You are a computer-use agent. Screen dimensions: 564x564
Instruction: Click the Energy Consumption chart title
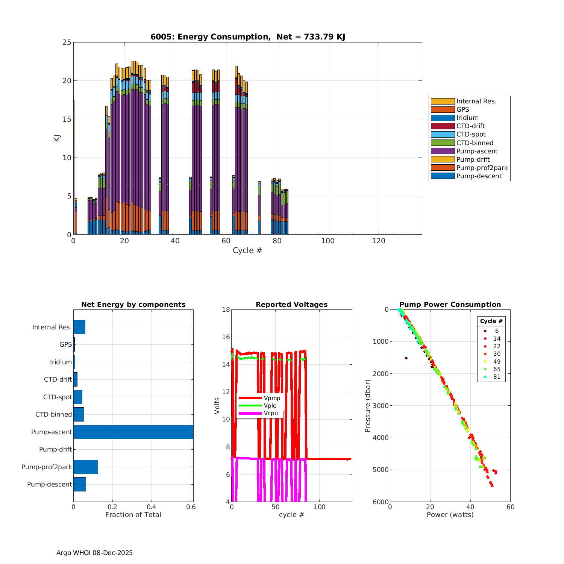point(248,37)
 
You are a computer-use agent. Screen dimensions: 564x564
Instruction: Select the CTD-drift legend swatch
point(443,126)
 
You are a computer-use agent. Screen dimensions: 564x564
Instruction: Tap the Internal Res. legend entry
point(476,101)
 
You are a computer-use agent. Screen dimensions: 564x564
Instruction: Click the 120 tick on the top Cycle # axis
point(379,241)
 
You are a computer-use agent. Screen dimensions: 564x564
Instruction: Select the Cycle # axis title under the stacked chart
point(247,250)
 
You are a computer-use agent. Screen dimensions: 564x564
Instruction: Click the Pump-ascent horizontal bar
point(133,432)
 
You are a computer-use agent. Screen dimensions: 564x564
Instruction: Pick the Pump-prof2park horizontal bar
point(86,467)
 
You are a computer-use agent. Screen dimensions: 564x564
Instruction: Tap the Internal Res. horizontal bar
point(79,327)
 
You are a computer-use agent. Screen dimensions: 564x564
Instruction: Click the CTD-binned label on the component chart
point(54,414)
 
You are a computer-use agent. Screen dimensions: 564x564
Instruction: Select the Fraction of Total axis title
point(133,515)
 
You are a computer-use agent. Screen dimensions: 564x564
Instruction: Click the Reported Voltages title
point(291,305)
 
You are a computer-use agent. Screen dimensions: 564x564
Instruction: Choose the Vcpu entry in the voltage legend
point(271,413)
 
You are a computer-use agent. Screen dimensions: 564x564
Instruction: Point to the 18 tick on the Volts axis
point(226,310)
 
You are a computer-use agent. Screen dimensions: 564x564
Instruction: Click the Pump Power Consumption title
point(450,305)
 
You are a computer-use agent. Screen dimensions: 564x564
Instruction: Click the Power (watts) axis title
point(450,515)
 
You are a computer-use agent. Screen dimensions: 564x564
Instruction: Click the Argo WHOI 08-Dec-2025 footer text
point(94,553)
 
